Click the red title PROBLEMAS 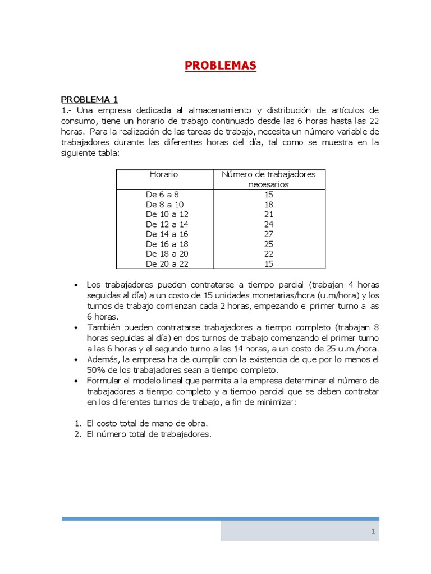point(220,66)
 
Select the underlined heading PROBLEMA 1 point(89,99)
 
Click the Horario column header point(163,174)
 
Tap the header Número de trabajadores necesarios point(268,179)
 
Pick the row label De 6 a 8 point(162,195)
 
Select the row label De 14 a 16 point(167,234)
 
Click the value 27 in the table point(268,234)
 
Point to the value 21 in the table point(268,214)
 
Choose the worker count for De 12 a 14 point(268,224)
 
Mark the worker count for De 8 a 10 point(268,205)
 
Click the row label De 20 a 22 point(167,263)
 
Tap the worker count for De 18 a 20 point(268,253)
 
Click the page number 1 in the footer point(372,531)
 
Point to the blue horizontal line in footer point(220,519)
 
